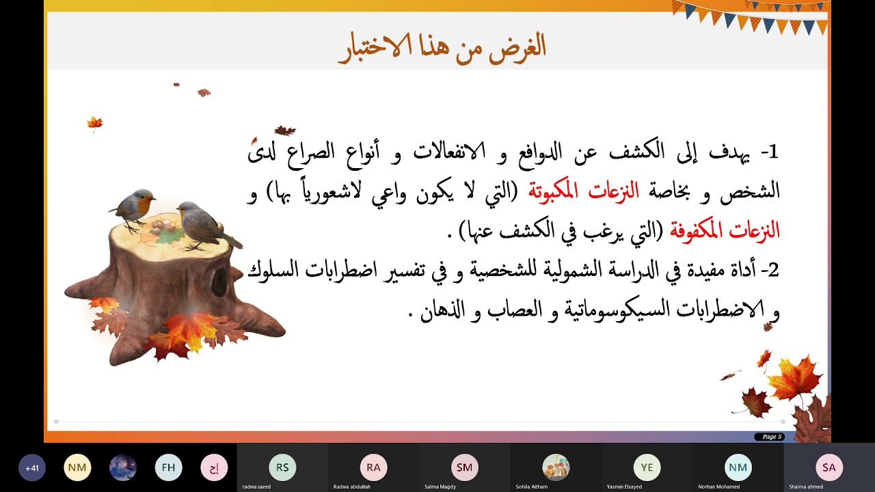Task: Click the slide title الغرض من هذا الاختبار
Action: click(x=442, y=48)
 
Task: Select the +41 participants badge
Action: click(x=32, y=468)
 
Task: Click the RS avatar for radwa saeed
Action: click(x=282, y=467)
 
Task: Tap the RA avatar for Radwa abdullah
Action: click(x=373, y=467)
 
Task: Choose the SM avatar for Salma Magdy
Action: click(x=464, y=467)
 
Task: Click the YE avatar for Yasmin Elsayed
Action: click(x=647, y=467)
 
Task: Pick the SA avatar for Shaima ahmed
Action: click(x=829, y=467)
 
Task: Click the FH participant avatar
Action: click(x=168, y=468)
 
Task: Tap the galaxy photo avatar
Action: click(x=123, y=468)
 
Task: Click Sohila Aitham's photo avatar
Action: click(x=556, y=467)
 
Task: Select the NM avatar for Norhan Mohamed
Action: click(x=738, y=467)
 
